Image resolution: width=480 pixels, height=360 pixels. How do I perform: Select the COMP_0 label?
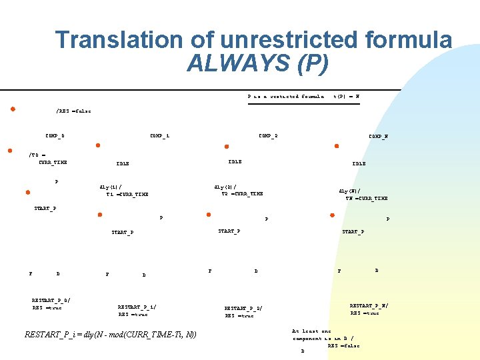(x=55, y=136)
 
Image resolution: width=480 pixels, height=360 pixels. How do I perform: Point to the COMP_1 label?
(x=159, y=136)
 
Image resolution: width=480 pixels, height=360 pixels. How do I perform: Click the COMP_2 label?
(x=268, y=136)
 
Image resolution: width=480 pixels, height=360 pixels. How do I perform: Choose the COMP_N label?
(x=378, y=137)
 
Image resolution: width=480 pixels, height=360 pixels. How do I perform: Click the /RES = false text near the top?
(x=73, y=111)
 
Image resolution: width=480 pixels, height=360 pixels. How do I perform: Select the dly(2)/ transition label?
(x=223, y=187)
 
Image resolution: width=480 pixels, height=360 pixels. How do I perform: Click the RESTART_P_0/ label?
(x=51, y=300)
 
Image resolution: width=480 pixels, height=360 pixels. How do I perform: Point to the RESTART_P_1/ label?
(x=137, y=307)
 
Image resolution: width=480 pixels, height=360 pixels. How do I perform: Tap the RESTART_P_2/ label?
(x=243, y=309)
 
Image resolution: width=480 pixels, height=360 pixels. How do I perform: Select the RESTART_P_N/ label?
(x=369, y=305)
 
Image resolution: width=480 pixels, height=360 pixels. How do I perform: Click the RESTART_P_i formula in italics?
(x=110, y=334)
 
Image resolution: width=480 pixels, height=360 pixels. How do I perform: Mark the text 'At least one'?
(x=311, y=331)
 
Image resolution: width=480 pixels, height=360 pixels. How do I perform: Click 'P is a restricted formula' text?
(x=285, y=96)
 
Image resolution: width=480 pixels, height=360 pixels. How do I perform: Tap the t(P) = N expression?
(x=346, y=96)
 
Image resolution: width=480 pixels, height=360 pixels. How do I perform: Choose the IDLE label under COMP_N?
(x=359, y=163)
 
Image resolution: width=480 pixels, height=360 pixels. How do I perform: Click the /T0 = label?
(x=37, y=155)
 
